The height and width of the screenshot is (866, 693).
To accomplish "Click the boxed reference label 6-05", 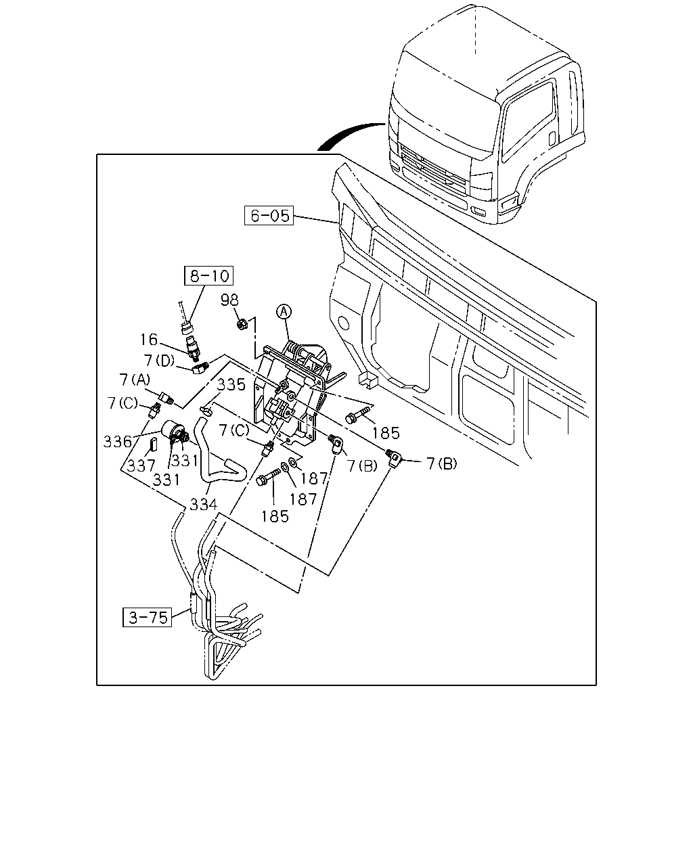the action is coord(269,215).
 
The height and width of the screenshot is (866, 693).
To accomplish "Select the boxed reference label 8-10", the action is coord(208,275).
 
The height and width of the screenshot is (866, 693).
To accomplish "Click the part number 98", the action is coord(229,300).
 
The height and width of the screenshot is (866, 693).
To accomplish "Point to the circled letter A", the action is coord(284,311).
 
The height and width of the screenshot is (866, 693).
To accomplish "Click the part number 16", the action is coord(148,340).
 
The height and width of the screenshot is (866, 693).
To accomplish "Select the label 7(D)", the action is coord(160,360).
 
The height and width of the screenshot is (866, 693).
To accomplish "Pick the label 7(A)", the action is coord(135,380).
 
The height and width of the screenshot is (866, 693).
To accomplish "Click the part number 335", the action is coord(231,385).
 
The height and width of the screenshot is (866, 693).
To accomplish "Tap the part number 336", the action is coord(118,441).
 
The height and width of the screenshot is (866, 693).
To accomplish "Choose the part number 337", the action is coord(141,465).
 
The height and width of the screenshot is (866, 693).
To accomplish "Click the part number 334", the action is coord(203,504).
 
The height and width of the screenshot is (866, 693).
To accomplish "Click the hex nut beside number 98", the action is coord(242,324).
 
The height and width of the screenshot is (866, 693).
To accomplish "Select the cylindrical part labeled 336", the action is coord(174,432).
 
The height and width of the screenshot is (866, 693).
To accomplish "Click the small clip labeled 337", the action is coord(154,445).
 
